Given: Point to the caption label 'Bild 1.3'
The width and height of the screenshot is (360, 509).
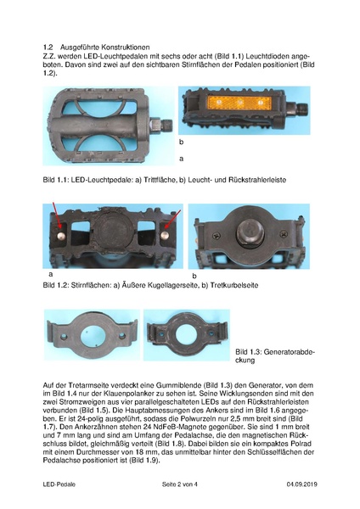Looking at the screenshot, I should [x=252, y=352].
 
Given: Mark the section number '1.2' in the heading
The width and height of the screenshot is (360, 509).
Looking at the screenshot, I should [x=48, y=46].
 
